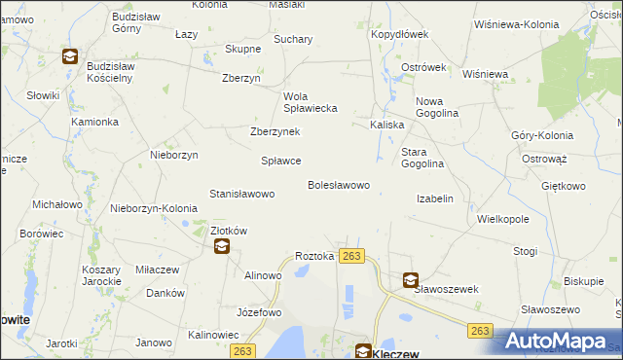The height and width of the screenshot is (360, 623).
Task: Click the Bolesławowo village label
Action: click(338, 185)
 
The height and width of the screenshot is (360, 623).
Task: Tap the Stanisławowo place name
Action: click(241, 194)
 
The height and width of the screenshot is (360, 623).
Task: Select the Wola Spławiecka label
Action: click(310, 102)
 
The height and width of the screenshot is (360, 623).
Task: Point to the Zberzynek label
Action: click(275, 132)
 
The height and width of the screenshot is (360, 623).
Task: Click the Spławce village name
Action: click(281, 161)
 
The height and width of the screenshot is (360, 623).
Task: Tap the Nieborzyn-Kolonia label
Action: click(154, 208)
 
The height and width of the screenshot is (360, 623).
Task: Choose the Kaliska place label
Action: click(386, 126)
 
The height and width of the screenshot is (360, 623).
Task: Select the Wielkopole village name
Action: click(502, 220)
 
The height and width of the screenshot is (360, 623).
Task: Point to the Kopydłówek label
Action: click(399, 34)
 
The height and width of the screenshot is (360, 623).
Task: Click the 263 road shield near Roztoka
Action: click(352, 256)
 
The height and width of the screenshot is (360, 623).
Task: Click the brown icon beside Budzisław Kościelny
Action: click(70, 56)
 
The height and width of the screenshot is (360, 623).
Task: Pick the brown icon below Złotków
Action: click(222, 247)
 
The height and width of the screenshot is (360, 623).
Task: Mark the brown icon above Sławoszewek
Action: click(410, 279)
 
